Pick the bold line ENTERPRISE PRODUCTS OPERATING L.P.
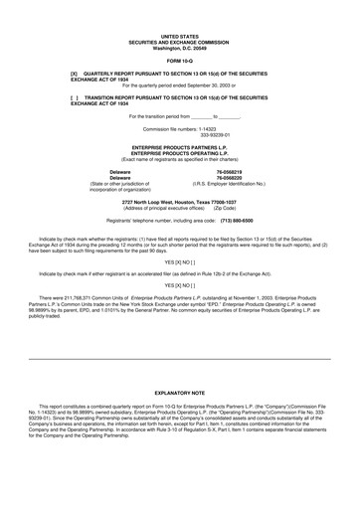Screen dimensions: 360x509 point(180,153)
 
